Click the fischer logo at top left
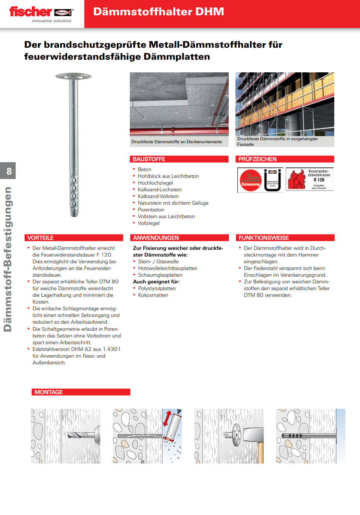41,14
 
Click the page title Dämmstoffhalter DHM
159,12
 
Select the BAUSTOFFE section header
149,159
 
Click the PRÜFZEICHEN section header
257,159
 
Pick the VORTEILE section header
40,238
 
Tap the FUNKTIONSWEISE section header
264,238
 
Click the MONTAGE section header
48,392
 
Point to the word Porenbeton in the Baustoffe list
151,210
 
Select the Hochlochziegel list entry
155,183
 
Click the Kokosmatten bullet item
153,295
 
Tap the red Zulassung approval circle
251,180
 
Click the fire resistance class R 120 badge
310,180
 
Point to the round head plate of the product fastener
73,76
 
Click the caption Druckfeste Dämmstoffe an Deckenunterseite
176,142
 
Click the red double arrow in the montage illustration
168,418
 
